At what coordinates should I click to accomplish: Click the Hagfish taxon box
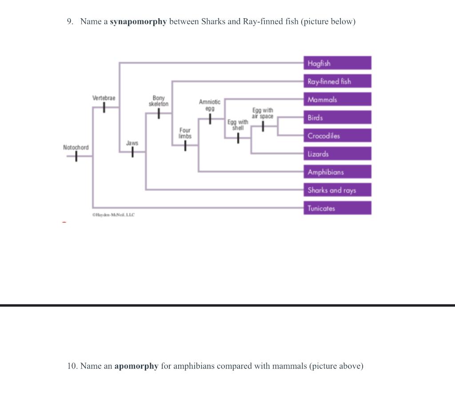coord(337,63)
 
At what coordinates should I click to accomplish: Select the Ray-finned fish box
coord(337,81)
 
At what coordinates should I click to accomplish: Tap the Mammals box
coord(337,100)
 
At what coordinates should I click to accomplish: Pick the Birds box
coord(337,118)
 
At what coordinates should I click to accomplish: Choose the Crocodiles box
coord(337,136)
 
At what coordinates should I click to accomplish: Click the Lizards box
coord(337,154)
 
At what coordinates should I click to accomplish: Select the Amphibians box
coord(337,172)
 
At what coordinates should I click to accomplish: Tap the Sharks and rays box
coord(337,190)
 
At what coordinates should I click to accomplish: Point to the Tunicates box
coord(337,208)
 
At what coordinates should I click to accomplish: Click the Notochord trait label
coord(76,147)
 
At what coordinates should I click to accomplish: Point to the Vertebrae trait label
coord(104,98)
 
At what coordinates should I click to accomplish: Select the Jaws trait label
coord(132,143)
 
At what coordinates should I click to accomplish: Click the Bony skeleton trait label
coord(159,101)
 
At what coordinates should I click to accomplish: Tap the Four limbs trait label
coord(185,133)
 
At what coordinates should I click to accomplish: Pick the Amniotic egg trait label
coord(210,105)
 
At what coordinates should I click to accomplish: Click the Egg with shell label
coord(238,125)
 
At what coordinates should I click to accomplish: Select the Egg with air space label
coord(263,113)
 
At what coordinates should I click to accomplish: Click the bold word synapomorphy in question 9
coord(138,22)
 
